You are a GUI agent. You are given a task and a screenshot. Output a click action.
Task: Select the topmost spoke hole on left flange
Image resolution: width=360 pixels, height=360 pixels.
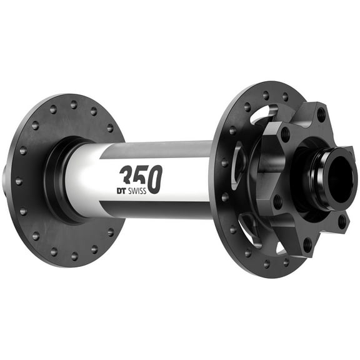(x=73, y=105)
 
